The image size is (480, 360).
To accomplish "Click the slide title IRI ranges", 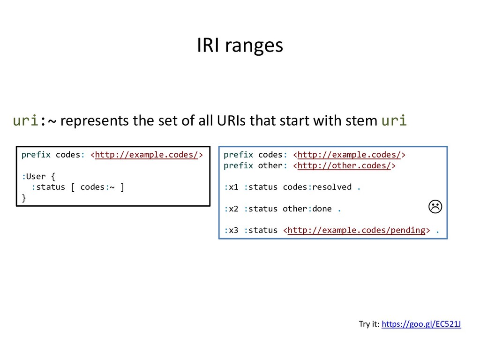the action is [x=240, y=45].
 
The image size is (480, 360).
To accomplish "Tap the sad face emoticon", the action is [x=435, y=206].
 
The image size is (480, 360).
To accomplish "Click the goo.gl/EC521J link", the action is [x=421, y=324].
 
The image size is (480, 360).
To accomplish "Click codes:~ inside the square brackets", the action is [x=97, y=187].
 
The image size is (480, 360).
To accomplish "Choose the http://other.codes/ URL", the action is [x=344, y=165].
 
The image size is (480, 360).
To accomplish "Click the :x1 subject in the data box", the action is [x=231, y=187].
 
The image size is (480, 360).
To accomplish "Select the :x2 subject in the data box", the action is [x=231, y=209].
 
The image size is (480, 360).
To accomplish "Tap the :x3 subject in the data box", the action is [x=231, y=230].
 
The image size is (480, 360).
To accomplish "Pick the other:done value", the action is [x=307, y=209].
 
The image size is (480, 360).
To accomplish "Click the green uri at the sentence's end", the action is [x=394, y=121].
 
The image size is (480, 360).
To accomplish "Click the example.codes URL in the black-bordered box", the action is [x=146, y=155].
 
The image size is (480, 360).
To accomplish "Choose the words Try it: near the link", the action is [x=369, y=324].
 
